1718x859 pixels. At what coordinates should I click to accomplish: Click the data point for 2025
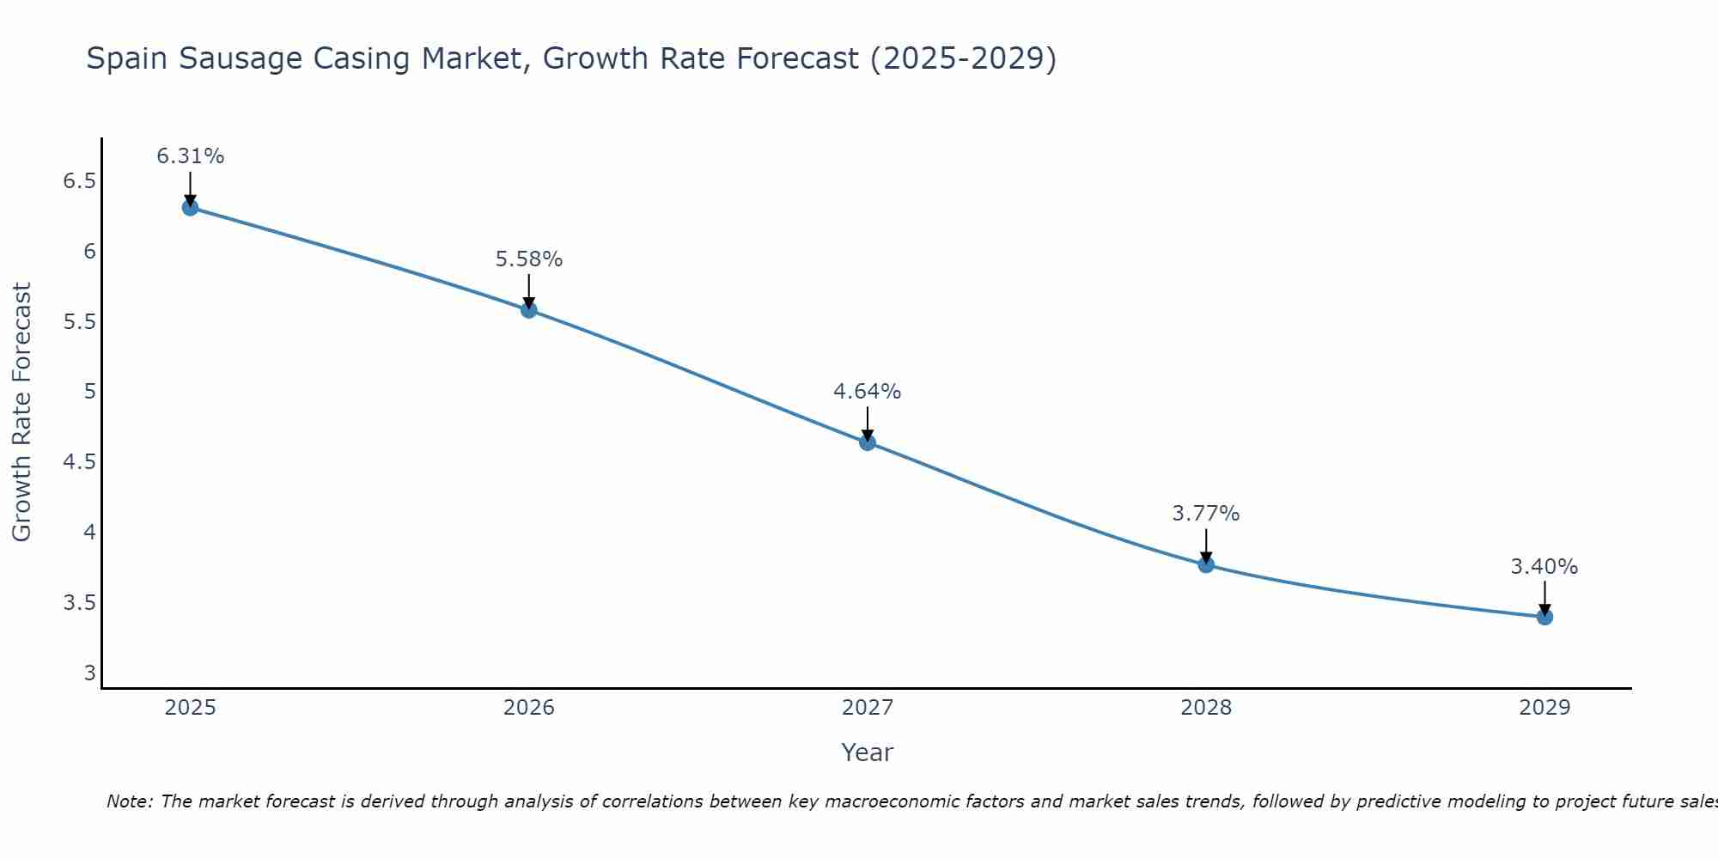click(190, 207)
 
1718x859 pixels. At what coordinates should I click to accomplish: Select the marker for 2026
click(529, 309)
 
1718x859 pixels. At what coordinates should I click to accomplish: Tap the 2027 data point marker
click(868, 442)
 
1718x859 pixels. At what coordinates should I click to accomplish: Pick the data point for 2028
click(1206, 564)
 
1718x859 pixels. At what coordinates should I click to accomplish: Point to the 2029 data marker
click(1544, 617)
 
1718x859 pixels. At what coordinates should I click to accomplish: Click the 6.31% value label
click(190, 156)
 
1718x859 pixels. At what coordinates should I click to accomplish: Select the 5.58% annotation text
click(529, 259)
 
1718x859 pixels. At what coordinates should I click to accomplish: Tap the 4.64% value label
click(868, 392)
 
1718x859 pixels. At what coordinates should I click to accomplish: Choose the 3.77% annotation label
click(1206, 514)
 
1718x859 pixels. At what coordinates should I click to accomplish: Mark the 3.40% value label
click(1544, 567)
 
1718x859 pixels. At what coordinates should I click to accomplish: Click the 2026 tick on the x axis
click(529, 708)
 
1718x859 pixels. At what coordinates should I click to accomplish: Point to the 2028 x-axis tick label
click(1206, 708)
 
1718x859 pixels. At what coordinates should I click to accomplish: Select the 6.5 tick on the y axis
click(79, 181)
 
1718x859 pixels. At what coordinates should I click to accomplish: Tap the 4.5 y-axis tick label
click(79, 462)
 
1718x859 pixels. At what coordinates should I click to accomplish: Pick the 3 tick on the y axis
click(89, 673)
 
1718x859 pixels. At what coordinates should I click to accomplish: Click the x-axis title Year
click(868, 752)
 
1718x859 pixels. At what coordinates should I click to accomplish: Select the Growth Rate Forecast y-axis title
click(21, 411)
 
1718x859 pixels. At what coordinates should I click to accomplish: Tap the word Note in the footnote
click(129, 801)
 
